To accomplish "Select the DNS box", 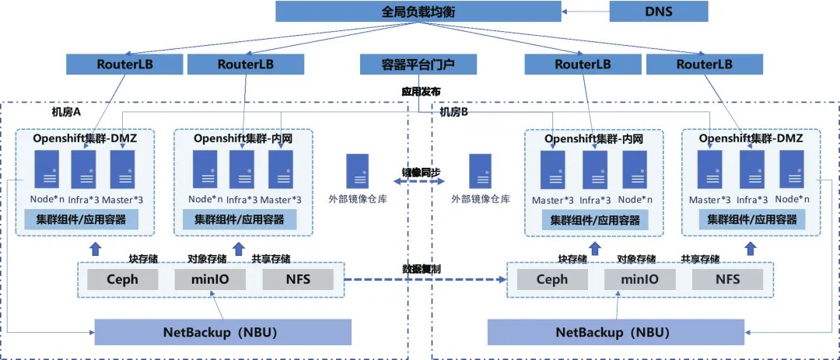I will [x=658, y=12].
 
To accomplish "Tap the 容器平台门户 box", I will [x=418, y=65].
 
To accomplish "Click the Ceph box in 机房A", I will [x=122, y=279].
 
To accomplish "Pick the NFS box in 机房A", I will [x=298, y=279].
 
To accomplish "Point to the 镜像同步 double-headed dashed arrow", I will [x=420, y=182].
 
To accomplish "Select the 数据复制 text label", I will [x=420, y=268].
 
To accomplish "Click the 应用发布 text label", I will [x=421, y=91].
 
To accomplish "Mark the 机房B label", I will [x=454, y=112].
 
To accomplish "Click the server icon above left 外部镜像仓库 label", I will [x=357, y=171].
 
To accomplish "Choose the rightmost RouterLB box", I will [x=704, y=65].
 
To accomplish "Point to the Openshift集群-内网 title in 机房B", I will [x=593, y=138].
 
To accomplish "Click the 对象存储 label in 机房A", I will [x=206, y=258].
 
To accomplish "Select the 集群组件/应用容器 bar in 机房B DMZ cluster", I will [x=752, y=220].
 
